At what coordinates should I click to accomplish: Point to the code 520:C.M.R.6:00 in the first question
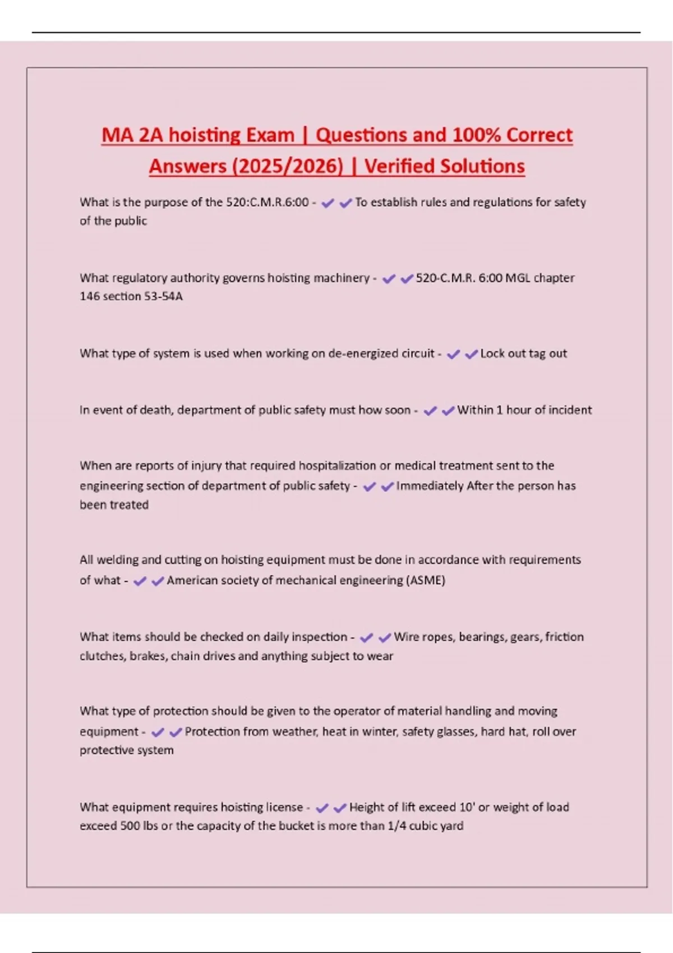(x=267, y=202)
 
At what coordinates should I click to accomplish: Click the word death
(x=158, y=410)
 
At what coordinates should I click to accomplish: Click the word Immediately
(x=430, y=486)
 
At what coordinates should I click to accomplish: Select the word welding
(x=117, y=560)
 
